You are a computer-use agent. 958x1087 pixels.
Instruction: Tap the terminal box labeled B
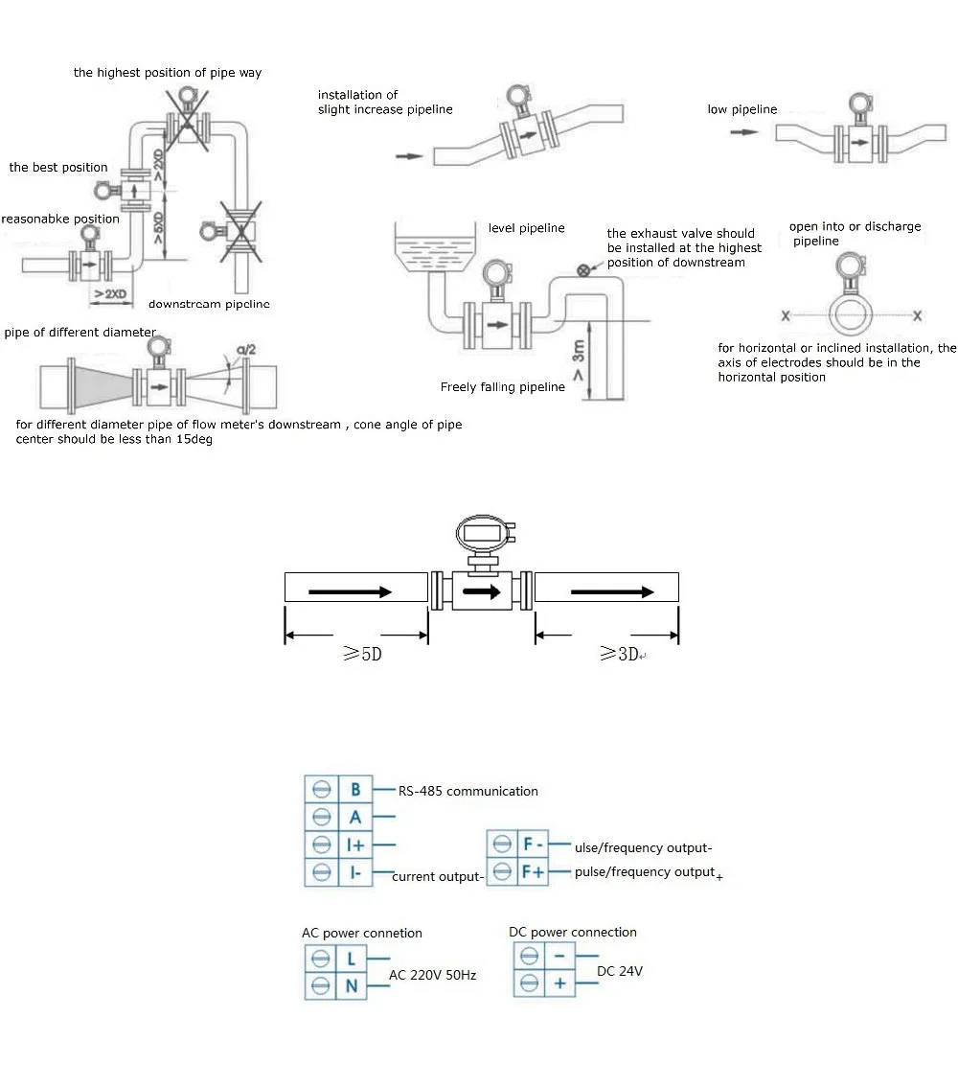[x=355, y=790]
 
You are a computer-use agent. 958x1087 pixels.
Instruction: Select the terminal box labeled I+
[x=355, y=844]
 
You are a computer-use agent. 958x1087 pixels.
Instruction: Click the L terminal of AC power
[x=352, y=959]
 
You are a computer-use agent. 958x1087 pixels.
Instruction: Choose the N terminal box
[x=352, y=986]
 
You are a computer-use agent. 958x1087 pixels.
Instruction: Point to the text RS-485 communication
[x=469, y=792]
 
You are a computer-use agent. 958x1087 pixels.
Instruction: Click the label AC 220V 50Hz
[x=432, y=975]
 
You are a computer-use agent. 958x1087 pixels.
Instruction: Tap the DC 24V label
[x=619, y=971]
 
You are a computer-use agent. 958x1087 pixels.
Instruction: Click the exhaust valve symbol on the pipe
[x=582, y=271]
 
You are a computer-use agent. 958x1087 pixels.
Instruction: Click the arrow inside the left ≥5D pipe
[x=350, y=592]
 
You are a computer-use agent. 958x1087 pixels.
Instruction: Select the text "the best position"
[x=58, y=168]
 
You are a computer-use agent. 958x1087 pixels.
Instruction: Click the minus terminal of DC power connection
[x=559, y=956]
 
